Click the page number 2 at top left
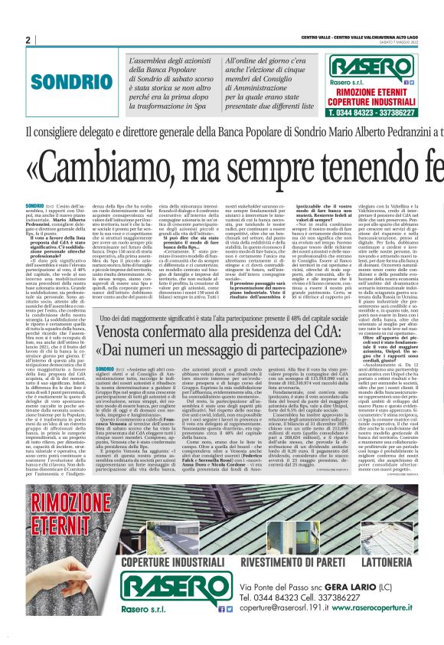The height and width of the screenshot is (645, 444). click(x=28, y=40)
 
